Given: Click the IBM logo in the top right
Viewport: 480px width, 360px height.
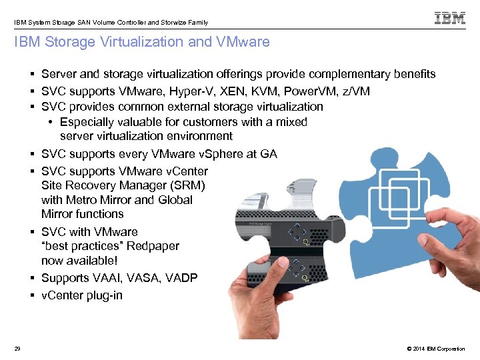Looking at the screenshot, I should pyautogui.click(x=450, y=18).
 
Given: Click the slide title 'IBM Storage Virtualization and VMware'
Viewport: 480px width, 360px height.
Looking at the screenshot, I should pyautogui.click(x=142, y=42).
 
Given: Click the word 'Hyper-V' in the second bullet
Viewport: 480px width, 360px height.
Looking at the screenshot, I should pyautogui.click(x=193, y=91).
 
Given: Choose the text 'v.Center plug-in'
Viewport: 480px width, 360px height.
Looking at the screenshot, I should pyautogui.click(x=81, y=295).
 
